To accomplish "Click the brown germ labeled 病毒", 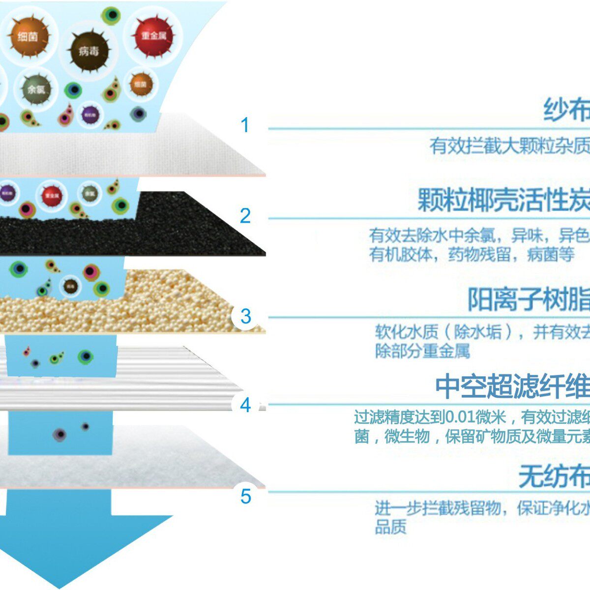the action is coord(88,51).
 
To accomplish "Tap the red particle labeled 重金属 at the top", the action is coord(153,36).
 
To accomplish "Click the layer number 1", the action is coord(245,125).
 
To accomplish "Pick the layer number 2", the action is coord(245,216).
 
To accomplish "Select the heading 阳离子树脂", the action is coord(529,299).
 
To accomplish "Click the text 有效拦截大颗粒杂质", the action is coord(509,146).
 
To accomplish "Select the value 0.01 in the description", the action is coord(462,417).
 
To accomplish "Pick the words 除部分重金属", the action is coord(422,351).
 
